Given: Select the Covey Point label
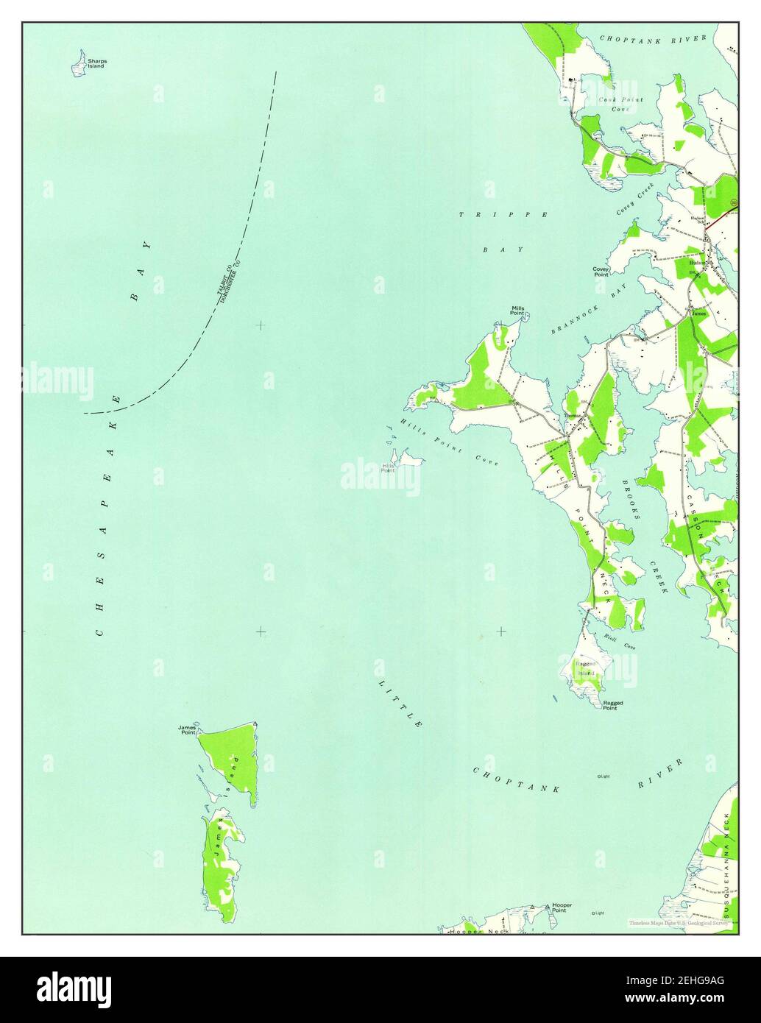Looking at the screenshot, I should [601, 272].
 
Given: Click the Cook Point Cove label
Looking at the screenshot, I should [620, 104].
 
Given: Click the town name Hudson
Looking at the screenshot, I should [698, 262].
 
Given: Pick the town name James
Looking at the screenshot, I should [698, 314].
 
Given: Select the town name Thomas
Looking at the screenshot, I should [572, 417].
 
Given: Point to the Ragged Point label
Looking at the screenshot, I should [612, 705].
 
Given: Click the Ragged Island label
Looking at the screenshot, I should [585, 668].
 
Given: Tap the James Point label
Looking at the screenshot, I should [186, 730].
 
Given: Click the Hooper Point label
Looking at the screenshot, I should [562, 907].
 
